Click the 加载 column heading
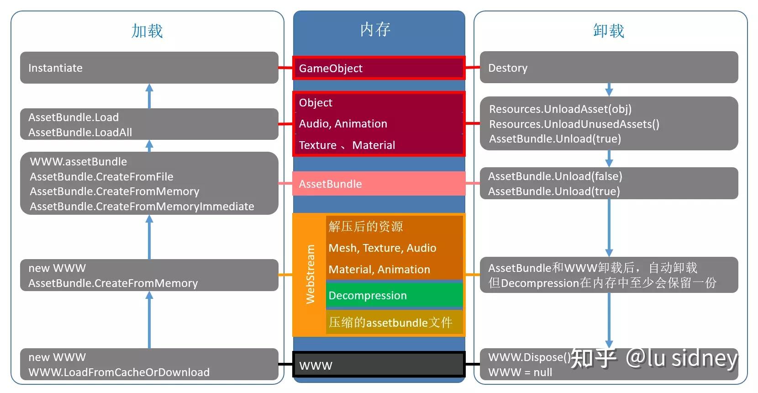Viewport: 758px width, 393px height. (x=147, y=31)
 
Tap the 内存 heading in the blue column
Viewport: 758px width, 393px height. (x=375, y=29)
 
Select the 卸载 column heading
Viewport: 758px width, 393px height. (x=608, y=31)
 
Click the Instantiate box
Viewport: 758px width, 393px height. (x=149, y=68)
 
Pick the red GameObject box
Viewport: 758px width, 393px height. (x=379, y=68)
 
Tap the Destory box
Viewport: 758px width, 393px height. (x=609, y=68)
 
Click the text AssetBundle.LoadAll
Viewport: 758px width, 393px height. (x=80, y=133)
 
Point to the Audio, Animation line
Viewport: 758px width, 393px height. (x=343, y=124)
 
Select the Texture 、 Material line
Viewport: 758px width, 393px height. (x=347, y=145)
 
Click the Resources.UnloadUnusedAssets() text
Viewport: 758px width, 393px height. (x=574, y=124)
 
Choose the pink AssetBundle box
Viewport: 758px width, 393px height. (x=379, y=184)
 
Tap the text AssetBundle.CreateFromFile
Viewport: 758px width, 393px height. (x=101, y=177)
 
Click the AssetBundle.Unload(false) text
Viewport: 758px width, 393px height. (x=555, y=176)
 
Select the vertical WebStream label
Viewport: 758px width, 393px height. (x=311, y=274)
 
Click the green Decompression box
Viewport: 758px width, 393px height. (x=395, y=295)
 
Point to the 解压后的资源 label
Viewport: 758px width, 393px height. (x=366, y=226)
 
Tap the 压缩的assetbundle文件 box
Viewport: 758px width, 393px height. (x=395, y=323)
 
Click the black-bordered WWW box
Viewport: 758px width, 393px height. (x=379, y=365)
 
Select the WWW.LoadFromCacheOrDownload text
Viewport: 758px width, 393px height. (x=119, y=372)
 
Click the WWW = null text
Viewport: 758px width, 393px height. (x=520, y=372)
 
